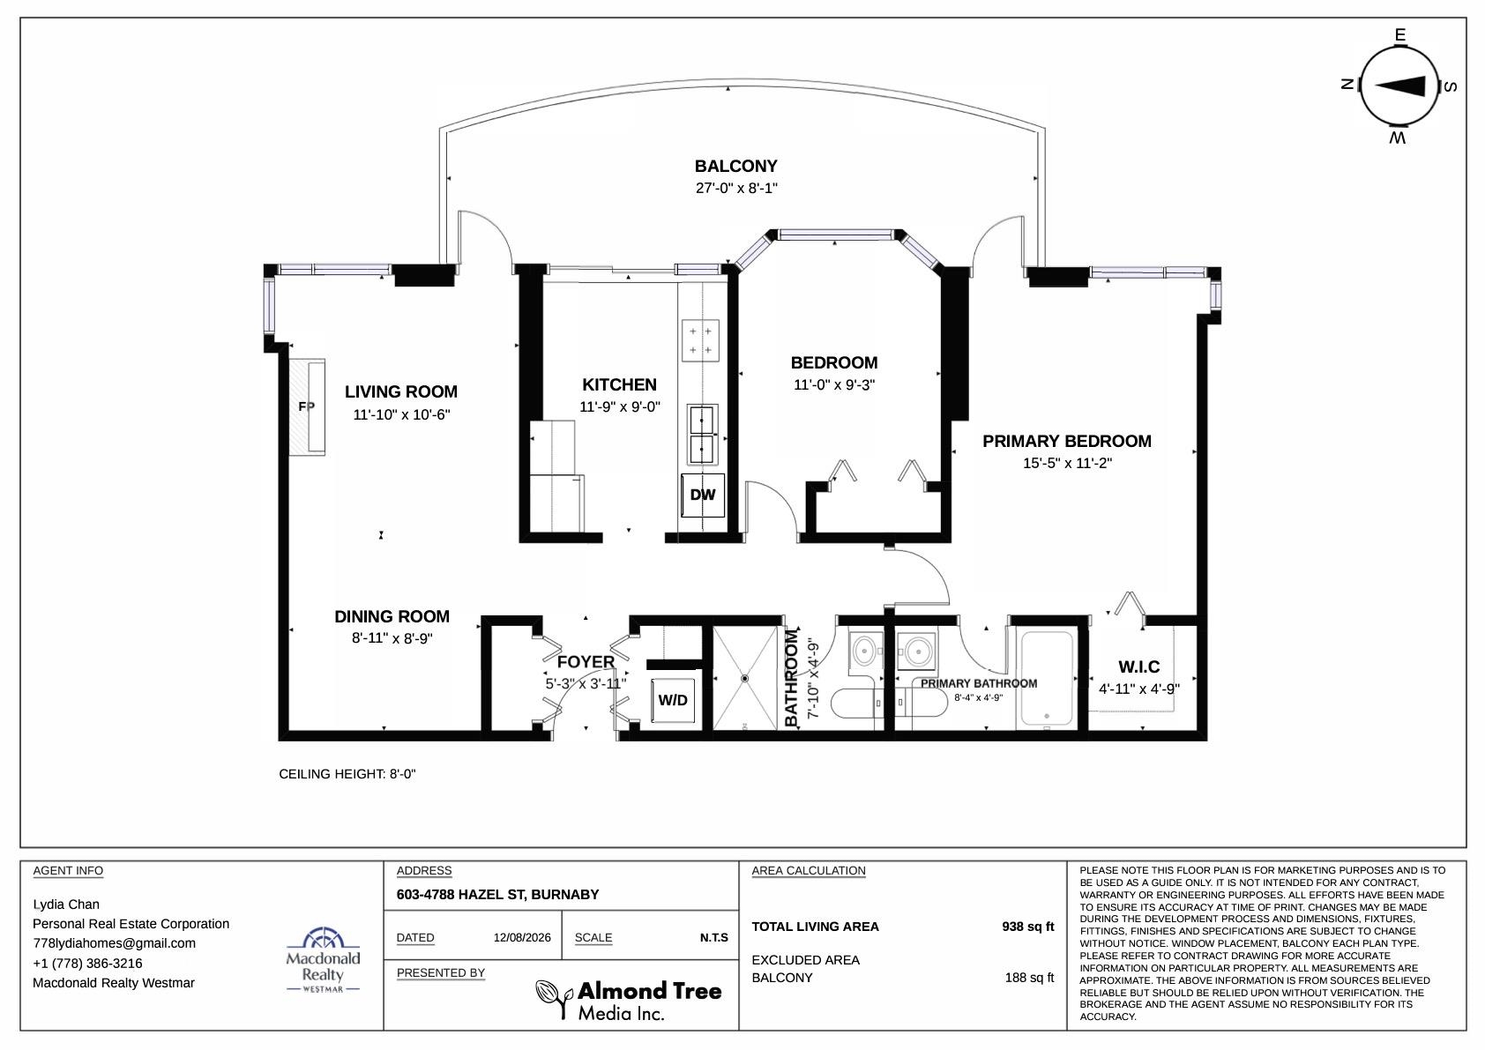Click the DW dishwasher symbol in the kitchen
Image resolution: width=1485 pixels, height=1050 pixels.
tap(703, 495)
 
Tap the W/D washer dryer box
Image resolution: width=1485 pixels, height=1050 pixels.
tap(673, 701)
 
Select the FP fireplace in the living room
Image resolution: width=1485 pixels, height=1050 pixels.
tap(306, 407)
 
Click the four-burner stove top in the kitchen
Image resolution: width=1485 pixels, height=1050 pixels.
tap(700, 340)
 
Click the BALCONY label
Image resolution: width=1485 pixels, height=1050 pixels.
tap(735, 166)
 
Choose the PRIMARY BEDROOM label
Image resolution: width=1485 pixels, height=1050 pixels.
tap(1067, 441)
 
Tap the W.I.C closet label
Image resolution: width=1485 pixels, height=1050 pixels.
tap(1139, 666)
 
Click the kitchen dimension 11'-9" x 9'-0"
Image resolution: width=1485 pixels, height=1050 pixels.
tap(620, 407)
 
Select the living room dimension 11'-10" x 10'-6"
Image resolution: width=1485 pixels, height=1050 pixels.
tap(401, 415)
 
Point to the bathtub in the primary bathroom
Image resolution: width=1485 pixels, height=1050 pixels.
tap(1047, 678)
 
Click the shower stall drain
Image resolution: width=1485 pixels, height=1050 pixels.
tap(744, 679)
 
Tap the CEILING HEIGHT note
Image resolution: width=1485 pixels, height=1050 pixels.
tap(347, 774)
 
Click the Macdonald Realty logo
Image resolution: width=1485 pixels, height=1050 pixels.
tap(323, 959)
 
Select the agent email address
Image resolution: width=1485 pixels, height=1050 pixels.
tap(114, 943)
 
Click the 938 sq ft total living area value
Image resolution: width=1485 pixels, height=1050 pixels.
tap(1027, 927)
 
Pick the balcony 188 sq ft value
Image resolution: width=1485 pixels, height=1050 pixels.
tap(1029, 978)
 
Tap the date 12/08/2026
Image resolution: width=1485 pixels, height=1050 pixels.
tap(522, 938)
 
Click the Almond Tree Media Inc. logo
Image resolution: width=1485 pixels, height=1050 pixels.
tap(629, 1001)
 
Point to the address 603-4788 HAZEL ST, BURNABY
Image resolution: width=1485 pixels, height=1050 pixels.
tap(498, 895)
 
